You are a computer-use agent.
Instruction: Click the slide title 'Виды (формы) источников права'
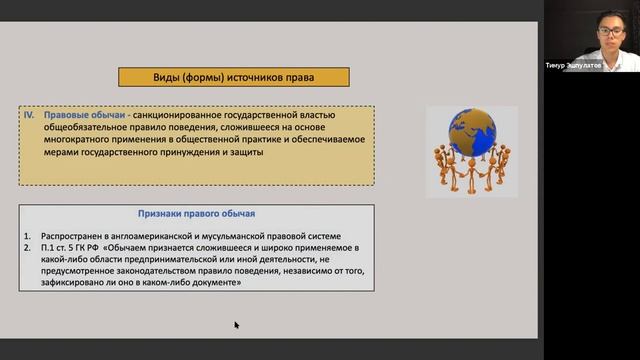[x=234, y=77]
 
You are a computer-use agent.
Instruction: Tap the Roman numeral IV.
[x=30, y=116]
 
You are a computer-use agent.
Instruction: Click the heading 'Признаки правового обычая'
[x=196, y=214]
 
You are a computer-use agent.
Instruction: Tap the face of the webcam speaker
[x=606, y=31]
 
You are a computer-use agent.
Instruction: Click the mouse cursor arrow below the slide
[x=237, y=324]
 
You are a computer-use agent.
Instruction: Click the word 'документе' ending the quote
[x=215, y=283]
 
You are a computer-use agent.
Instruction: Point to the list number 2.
[x=30, y=246]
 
